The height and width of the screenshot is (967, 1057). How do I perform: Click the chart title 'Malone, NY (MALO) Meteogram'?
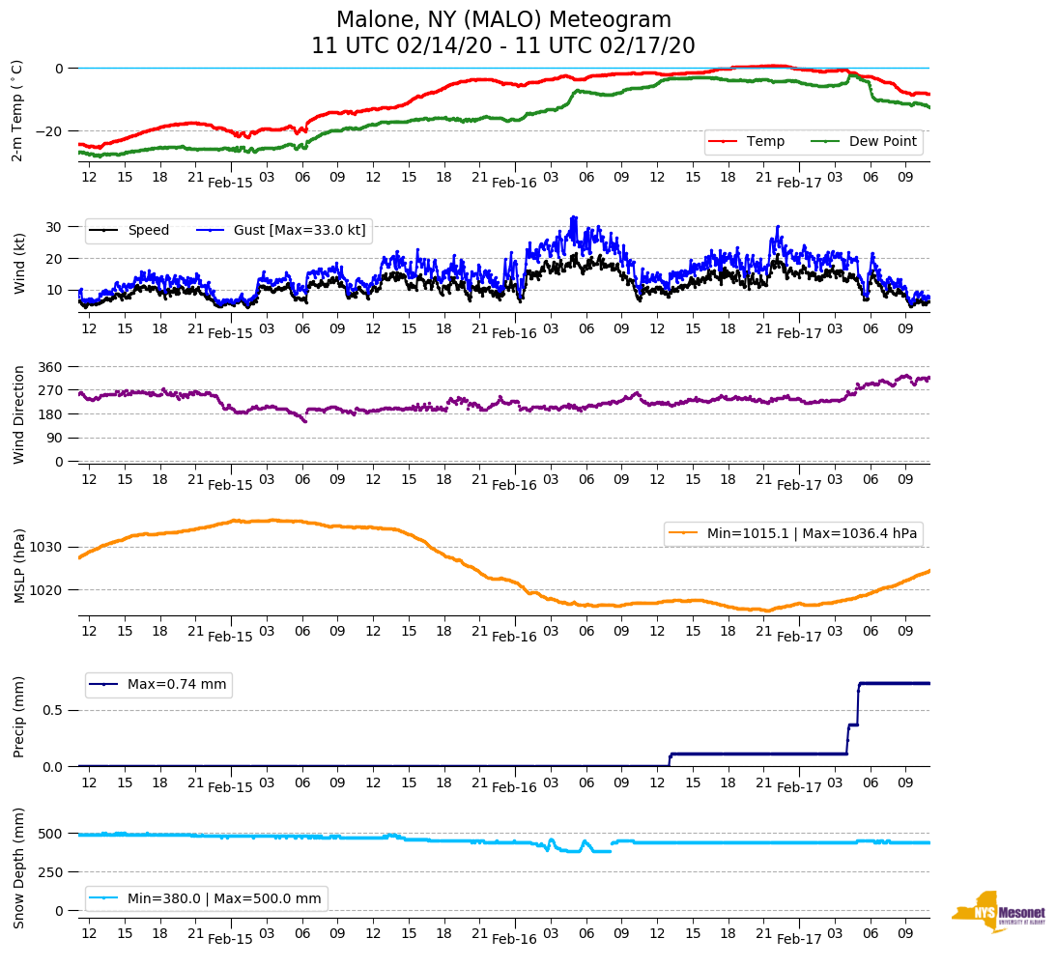[x=503, y=20]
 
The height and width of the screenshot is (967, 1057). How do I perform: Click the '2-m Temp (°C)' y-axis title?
[x=17, y=110]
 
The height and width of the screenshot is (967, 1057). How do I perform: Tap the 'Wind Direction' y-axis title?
[x=18, y=414]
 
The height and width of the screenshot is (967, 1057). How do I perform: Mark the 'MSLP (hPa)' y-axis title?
[x=18, y=566]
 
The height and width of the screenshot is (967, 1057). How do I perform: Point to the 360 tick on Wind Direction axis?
[x=51, y=367]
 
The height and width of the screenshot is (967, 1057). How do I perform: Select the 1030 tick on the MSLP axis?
[x=47, y=548]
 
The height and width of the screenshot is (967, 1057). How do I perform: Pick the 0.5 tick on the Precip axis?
[x=53, y=710]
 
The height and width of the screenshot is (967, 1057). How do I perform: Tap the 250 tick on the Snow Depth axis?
[x=51, y=872]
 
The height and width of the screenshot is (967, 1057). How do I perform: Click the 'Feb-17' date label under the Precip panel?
[x=799, y=787]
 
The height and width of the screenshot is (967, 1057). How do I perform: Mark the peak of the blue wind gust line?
[x=574, y=217]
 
